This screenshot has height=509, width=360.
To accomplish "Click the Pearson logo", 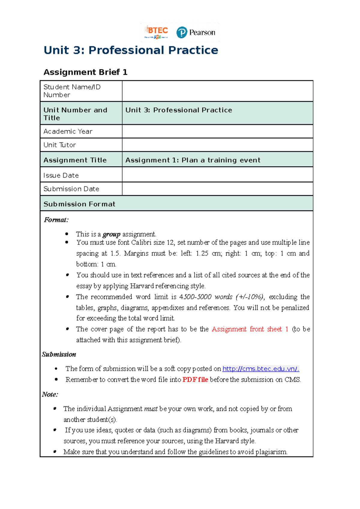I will pyautogui.click(x=196, y=32).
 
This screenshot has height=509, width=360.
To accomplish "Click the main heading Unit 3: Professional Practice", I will pyautogui.click(x=131, y=50).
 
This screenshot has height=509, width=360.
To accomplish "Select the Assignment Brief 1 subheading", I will pyautogui.click(x=85, y=72).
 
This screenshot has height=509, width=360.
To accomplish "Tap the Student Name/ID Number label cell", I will pyautogui.click(x=72, y=91).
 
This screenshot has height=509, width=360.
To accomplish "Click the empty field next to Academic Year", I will pyautogui.click(x=217, y=131).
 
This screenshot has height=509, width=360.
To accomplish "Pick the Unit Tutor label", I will pyautogui.click(x=60, y=145).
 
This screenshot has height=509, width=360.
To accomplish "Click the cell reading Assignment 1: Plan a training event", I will pyautogui.click(x=193, y=160).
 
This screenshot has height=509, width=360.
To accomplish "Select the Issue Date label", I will pyautogui.click(x=61, y=175).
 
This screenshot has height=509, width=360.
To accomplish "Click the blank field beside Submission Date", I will pyautogui.click(x=217, y=189).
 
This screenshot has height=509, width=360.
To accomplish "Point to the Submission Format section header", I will pyautogui.click(x=79, y=204).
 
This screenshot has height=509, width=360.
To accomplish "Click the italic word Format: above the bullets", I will pyautogui.click(x=56, y=220).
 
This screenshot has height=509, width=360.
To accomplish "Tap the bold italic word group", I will pyautogui.click(x=111, y=234).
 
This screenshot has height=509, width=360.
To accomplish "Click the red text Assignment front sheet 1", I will pyautogui.click(x=250, y=329).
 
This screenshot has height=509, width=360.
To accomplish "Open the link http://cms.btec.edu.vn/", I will pyautogui.click(x=260, y=369).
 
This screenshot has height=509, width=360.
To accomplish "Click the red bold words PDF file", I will pyautogui.click(x=195, y=380).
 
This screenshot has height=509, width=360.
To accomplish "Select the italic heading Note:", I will pyautogui.click(x=50, y=394).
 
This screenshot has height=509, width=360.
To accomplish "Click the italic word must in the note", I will pyautogui.click(x=151, y=409).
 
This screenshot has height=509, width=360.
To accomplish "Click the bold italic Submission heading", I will pyautogui.click(x=59, y=354).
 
